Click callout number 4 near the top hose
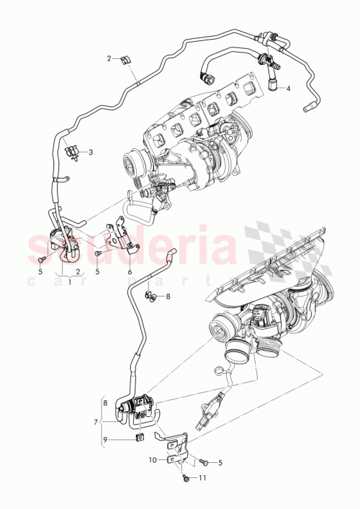pyautogui.click(x=288, y=89)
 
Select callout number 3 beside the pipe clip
pyautogui.click(x=91, y=152)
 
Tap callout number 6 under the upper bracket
pyautogui.click(x=130, y=271)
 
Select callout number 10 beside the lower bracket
pyautogui.click(x=153, y=459)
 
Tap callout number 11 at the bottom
pyautogui.click(x=202, y=478)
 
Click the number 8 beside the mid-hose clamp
pyautogui.click(x=168, y=296)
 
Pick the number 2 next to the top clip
pyautogui.click(x=109, y=58)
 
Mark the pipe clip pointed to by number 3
pyautogui.click(x=73, y=152)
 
